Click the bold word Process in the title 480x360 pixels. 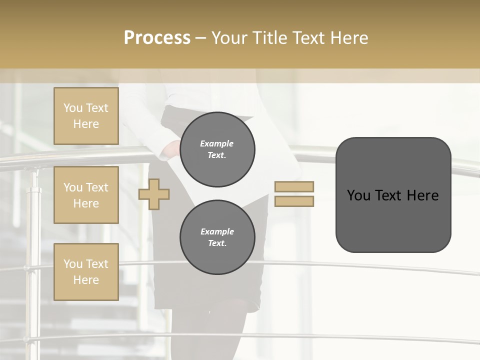[x=157, y=38]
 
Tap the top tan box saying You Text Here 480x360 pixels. [x=86, y=116]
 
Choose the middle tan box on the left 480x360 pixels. [x=86, y=195]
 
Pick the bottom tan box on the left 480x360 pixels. [x=86, y=272]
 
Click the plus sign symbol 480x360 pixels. [x=154, y=194]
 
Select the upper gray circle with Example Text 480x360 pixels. [x=217, y=149]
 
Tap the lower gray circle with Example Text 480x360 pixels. [x=217, y=237]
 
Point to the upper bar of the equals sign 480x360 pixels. [x=294, y=186]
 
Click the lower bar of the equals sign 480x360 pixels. [x=294, y=201]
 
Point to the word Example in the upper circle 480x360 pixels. [x=217, y=143]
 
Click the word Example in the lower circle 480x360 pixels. [x=217, y=231]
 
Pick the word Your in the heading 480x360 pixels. [x=227, y=38]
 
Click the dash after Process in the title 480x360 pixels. [x=201, y=38]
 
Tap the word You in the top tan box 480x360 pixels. [x=73, y=108]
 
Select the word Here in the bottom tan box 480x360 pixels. [x=86, y=280]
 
